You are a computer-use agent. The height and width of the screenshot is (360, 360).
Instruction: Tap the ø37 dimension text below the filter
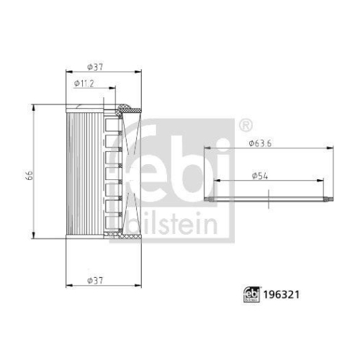pyautogui.click(x=95, y=279)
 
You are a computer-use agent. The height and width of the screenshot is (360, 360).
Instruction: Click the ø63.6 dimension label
pyautogui.click(x=261, y=143)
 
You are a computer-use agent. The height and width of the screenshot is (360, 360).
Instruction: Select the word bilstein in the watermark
pyautogui.click(x=173, y=225)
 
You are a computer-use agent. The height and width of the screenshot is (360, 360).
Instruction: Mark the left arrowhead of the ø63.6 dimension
pyautogui.click(x=207, y=148)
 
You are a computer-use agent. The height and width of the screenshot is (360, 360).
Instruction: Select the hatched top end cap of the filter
pyautogui.click(x=122, y=109)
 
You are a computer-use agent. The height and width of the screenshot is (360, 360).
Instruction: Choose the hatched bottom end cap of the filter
pyautogui.click(x=115, y=235)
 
